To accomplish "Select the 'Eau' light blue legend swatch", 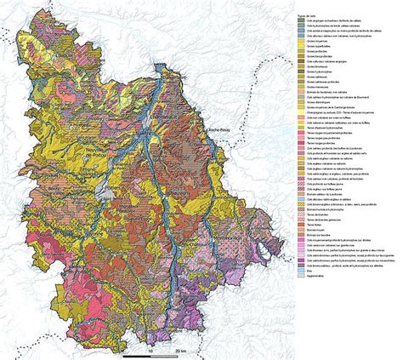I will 311,270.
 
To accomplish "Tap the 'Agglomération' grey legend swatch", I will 311,276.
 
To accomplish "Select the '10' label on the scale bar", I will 150,350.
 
